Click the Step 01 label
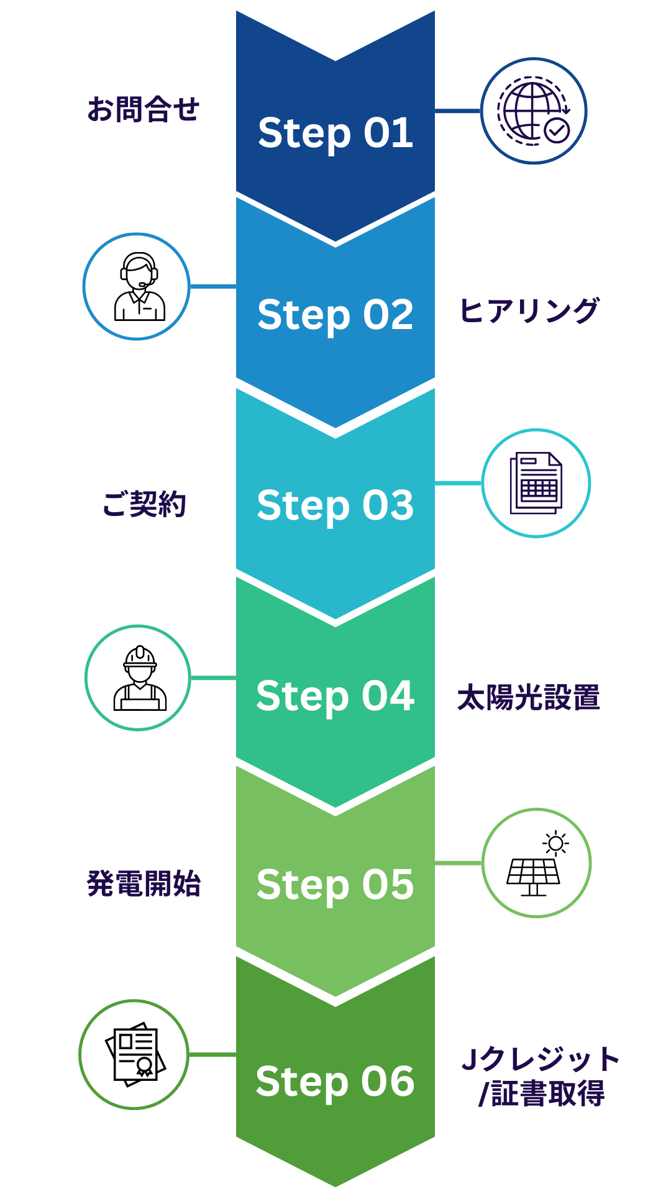tap(335, 133)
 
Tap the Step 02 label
tap(335, 315)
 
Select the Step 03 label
tap(335, 505)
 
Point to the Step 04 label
tap(335, 695)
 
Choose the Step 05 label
tap(335, 885)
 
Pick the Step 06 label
tap(335, 1081)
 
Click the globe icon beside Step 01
tap(533, 111)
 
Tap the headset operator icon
tap(137, 286)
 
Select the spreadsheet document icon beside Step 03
tap(536, 483)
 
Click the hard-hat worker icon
tap(138, 678)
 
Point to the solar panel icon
tap(536, 864)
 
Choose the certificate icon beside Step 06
tap(134, 1054)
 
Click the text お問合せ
tap(143, 109)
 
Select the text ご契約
tap(144, 503)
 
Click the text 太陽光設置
tap(529, 697)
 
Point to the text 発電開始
tap(144, 883)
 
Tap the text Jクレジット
tap(541, 1059)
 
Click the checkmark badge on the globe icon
tap(556, 130)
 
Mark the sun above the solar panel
tap(555, 843)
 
